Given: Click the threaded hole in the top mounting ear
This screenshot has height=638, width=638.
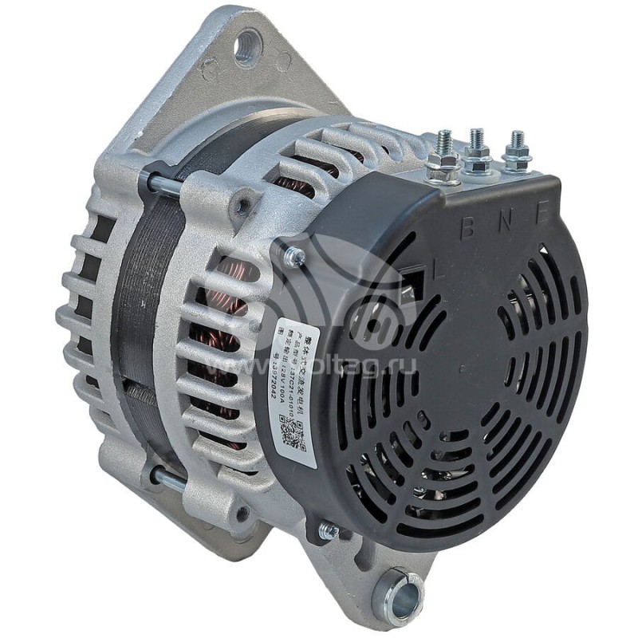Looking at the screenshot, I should coord(246,47).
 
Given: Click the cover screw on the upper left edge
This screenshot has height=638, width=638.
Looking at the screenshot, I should coord(294,258).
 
